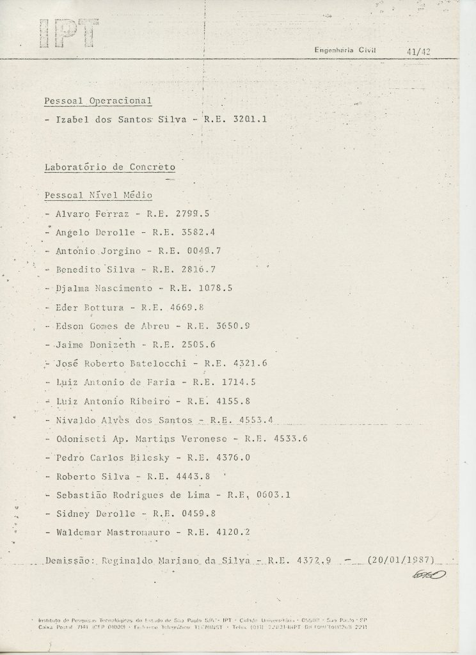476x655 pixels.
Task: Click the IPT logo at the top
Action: coord(69,33)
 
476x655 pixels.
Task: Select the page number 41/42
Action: coord(418,52)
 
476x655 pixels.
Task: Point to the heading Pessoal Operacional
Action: coord(97,101)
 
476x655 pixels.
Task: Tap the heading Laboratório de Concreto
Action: coord(109,168)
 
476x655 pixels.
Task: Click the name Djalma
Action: coord(73,288)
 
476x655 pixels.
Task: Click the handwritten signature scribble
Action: coord(429,575)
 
